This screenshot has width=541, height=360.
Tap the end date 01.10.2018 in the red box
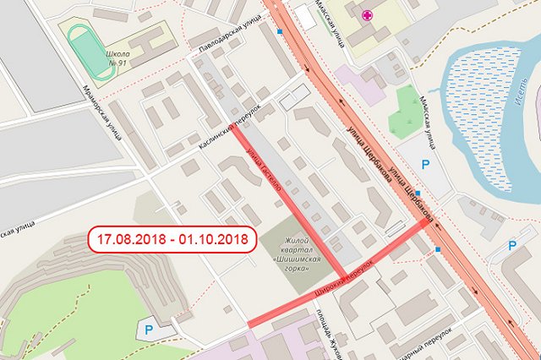click(x=211, y=239)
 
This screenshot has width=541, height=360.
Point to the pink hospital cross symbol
click(x=367, y=14)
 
